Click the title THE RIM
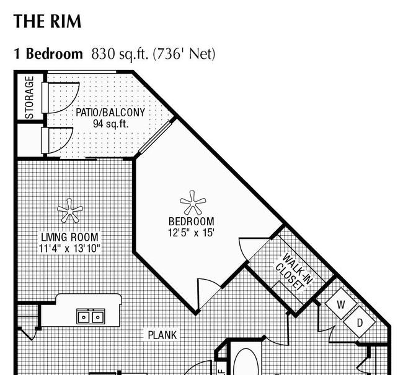click(47, 21)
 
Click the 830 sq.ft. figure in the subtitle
click(120, 54)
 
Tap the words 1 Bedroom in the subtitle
click(48, 54)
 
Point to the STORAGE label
click(29, 98)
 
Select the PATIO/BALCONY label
click(110, 113)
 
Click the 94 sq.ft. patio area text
click(110, 124)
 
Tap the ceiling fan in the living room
click(70, 210)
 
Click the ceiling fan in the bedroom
click(193, 202)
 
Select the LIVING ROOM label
click(69, 237)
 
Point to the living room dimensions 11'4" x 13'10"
click(69, 248)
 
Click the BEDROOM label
click(191, 222)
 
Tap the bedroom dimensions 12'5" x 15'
click(191, 233)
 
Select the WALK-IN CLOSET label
click(294, 273)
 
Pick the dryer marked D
click(360, 322)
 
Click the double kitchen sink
click(91, 316)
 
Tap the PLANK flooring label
click(162, 335)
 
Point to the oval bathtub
click(246, 362)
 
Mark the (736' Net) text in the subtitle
click(184, 54)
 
